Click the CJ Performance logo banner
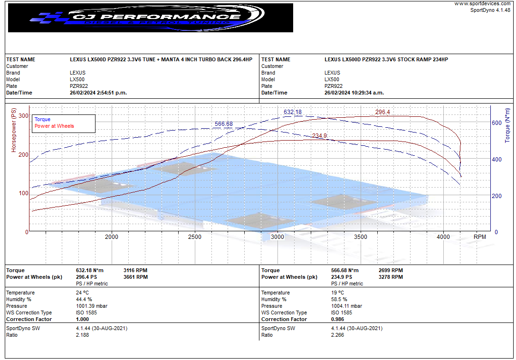click(x=150, y=18)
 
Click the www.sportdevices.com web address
click(x=482, y=4)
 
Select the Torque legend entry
click(x=42, y=119)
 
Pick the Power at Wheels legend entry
click(x=54, y=126)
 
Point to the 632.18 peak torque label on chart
click(x=293, y=112)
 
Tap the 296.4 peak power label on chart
click(x=382, y=112)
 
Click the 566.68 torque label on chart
click(x=224, y=124)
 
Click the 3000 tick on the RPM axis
click(x=277, y=237)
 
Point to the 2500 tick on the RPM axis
click(x=195, y=237)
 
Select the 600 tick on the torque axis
click(x=497, y=123)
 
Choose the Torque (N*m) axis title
click(x=507, y=124)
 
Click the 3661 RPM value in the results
click(x=135, y=277)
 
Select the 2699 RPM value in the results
click(x=391, y=270)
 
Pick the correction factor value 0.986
click(x=338, y=319)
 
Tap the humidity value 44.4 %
click(x=84, y=299)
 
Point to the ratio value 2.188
click(x=82, y=335)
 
